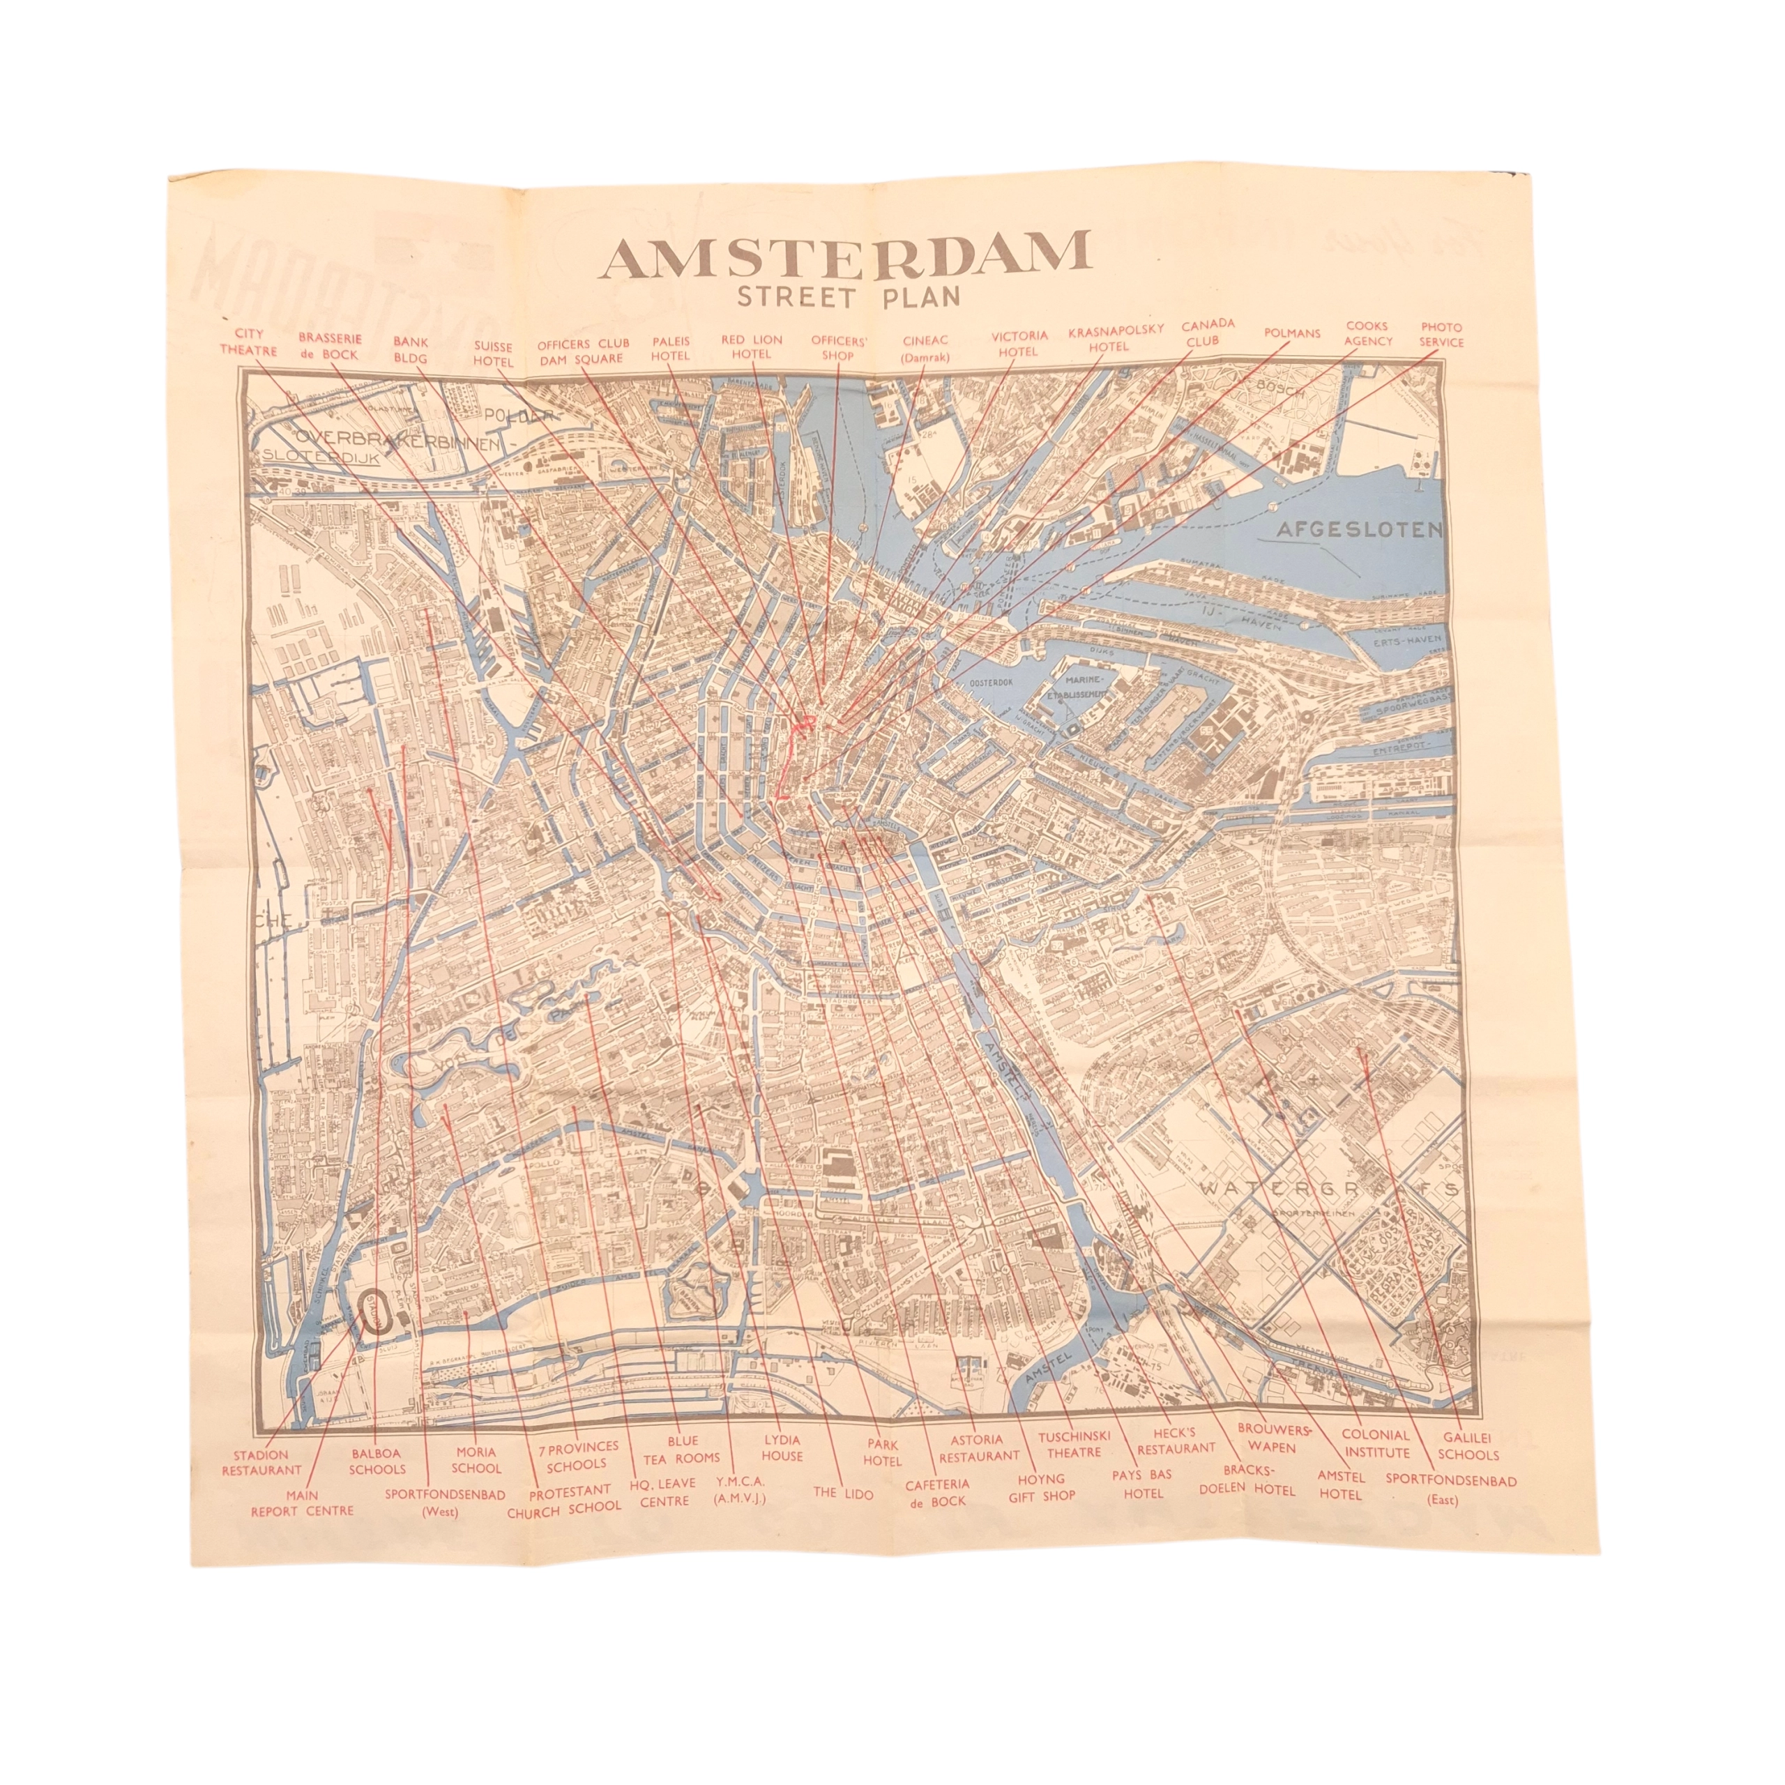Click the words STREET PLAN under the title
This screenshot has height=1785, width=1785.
(x=847, y=298)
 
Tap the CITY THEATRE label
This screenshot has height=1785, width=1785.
(x=248, y=343)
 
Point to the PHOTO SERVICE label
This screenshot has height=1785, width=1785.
(x=1441, y=335)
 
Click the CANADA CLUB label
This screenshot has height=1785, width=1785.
(x=1207, y=333)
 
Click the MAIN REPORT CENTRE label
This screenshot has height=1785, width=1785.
(x=302, y=1503)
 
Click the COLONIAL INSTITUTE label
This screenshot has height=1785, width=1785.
(x=1375, y=1443)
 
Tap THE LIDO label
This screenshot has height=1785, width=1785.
(x=837, y=1491)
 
